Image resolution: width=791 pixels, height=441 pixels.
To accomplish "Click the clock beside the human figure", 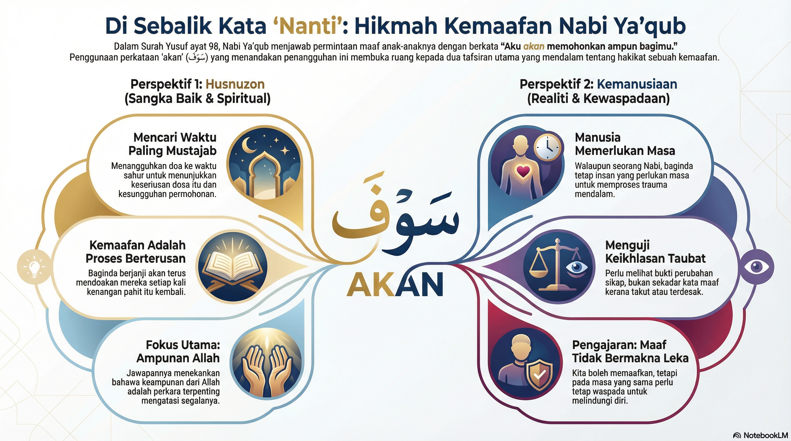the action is [548, 147].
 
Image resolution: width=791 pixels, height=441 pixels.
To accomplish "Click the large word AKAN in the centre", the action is [395, 285].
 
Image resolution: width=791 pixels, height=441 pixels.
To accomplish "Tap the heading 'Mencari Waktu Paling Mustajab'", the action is [172, 144].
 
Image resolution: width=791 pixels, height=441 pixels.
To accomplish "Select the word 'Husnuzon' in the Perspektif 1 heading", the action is [235, 84].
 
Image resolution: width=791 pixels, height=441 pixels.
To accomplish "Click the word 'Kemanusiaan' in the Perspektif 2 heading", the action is [637, 84].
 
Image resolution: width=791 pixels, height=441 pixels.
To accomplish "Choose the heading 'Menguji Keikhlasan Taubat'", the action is [655, 252].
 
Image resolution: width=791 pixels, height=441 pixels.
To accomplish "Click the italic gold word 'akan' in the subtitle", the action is [534, 47].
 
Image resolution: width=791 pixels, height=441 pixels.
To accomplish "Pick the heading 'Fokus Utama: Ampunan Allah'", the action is [178, 351].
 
